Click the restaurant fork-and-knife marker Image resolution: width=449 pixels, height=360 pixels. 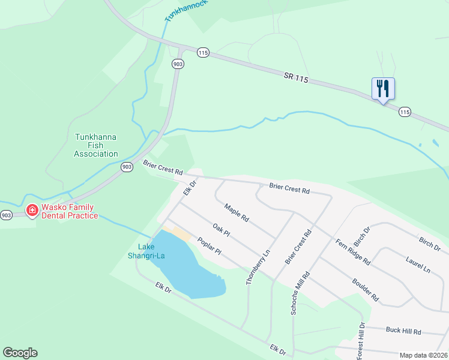click(382, 89)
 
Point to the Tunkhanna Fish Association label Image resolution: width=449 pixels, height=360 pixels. click(96, 145)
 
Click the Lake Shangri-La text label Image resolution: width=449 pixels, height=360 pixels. click(146, 251)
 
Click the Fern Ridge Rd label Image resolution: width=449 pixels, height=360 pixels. click(353, 253)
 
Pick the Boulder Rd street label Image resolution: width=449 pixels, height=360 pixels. click(366, 289)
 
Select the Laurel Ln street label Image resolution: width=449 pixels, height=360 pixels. click(418, 266)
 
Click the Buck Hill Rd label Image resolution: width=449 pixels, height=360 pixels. click(404, 331)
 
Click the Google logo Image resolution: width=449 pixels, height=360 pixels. click(20, 353)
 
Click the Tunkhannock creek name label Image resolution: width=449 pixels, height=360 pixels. click(186, 11)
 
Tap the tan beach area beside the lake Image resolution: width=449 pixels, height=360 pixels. click(181, 235)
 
